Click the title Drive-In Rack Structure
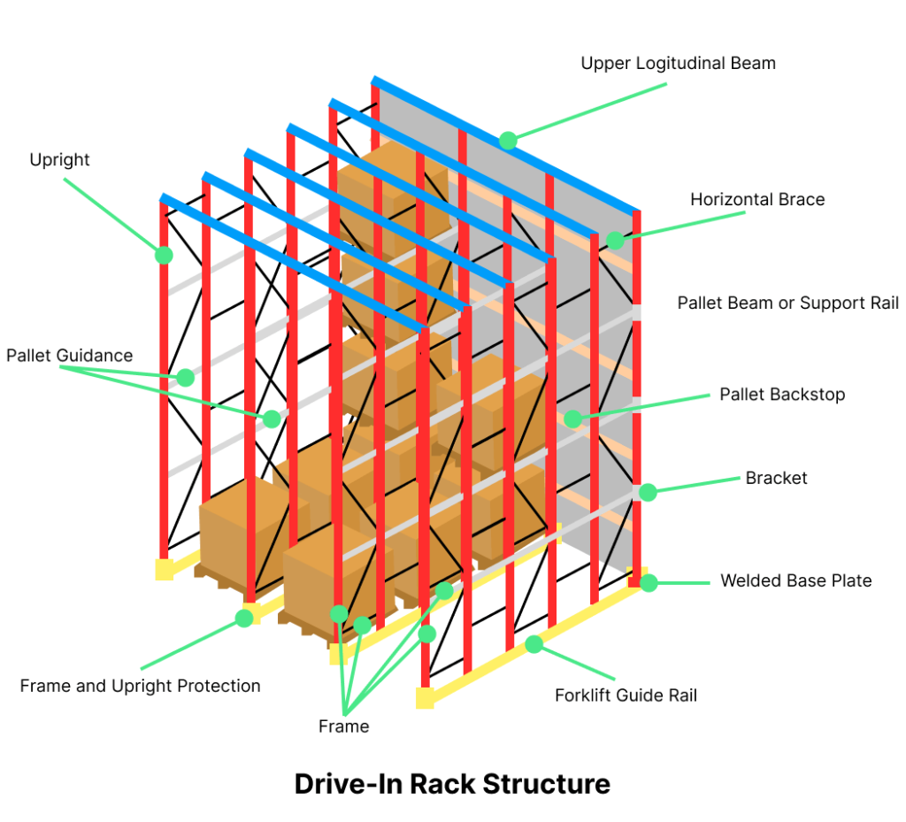coord(452,784)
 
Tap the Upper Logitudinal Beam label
coord(678,63)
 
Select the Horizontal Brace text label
coord(757,200)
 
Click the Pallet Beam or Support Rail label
coord(787,303)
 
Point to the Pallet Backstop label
coord(782,394)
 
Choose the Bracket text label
coord(776,478)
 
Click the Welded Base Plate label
coord(795,580)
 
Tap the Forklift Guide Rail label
coord(626,695)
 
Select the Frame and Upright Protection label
coord(140,686)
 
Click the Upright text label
coord(59,160)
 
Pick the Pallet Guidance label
coord(69,356)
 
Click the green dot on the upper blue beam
coord(507,140)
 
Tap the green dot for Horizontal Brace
coord(615,240)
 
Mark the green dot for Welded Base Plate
coord(649,582)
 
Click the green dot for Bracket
coord(648,492)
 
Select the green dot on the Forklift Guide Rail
coord(534,644)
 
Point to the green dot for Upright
coord(164,255)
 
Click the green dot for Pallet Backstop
coord(572,419)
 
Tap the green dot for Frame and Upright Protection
coord(243,618)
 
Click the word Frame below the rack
coord(343,726)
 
